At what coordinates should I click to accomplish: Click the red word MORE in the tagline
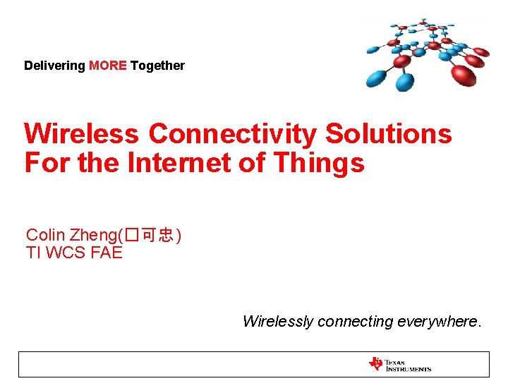[107, 66]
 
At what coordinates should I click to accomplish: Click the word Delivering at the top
[55, 66]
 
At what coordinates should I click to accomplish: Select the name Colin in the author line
[45, 235]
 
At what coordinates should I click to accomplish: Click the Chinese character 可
[150, 236]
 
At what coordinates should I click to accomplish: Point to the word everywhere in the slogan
[439, 322]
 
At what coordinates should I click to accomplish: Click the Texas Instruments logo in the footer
[399, 364]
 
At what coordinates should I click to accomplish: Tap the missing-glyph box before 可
[132, 236]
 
